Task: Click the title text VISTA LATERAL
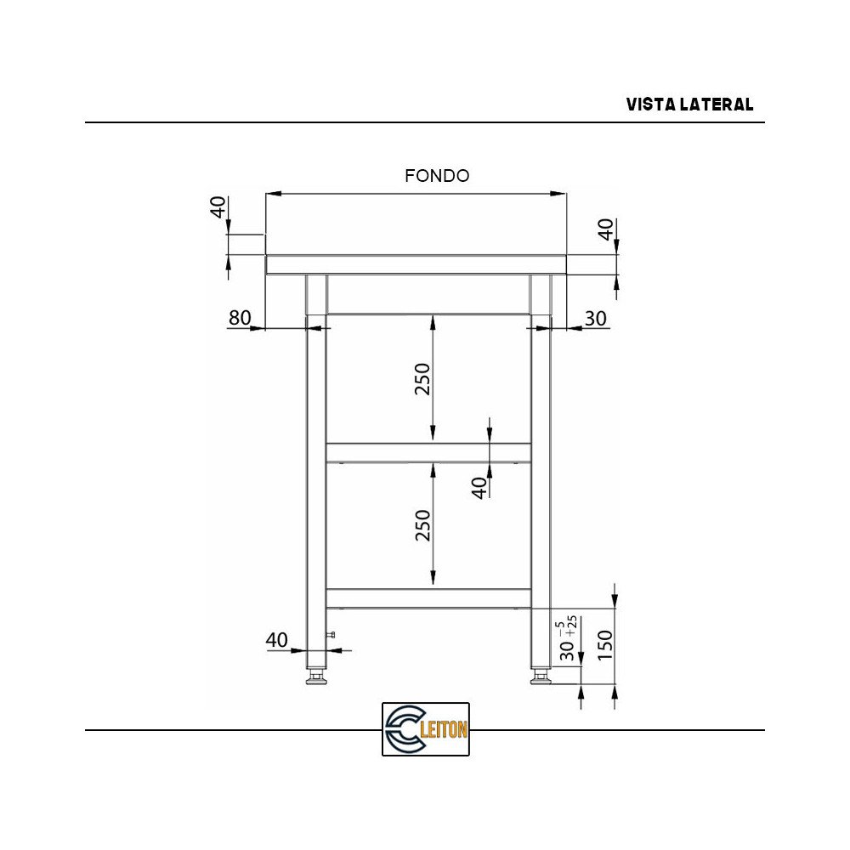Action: (689, 105)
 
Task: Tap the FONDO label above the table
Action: (437, 176)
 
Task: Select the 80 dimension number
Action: (240, 318)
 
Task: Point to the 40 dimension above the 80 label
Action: (218, 207)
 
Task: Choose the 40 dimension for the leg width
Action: (277, 640)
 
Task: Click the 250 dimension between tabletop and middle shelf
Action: (422, 380)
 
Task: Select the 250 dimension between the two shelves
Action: (422, 525)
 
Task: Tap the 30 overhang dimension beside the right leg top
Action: (596, 318)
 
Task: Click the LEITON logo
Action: (426, 729)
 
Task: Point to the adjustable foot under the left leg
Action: (316, 677)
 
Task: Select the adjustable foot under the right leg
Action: (540, 677)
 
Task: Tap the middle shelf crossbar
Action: (428, 451)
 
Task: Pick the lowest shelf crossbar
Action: (428, 598)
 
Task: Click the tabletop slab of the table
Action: (416, 264)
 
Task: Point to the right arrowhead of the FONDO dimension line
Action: (560, 194)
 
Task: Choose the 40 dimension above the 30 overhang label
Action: (605, 229)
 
